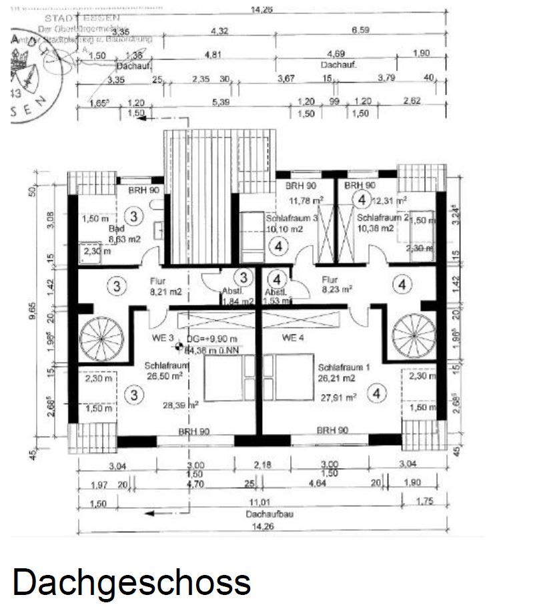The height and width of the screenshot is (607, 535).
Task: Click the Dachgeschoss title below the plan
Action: click(x=131, y=582)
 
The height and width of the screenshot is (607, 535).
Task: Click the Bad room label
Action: click(x=117, y=228)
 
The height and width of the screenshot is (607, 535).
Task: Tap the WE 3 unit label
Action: click(x=157, y=337)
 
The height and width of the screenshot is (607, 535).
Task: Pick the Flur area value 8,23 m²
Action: click(x=336, y=290)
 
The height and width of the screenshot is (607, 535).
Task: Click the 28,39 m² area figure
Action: click(x=182, y=404)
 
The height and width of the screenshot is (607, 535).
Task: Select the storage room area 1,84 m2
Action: click(x=238, y=302)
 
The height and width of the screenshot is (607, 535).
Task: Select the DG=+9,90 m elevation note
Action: click(x=212, y=339)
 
